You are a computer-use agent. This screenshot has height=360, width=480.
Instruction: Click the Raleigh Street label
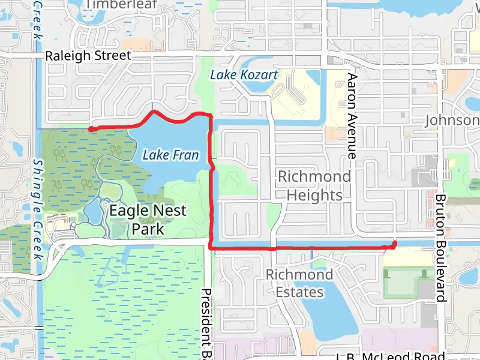[x=88, y=56]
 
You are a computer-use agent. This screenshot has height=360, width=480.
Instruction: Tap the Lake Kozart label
[x=244, y=75]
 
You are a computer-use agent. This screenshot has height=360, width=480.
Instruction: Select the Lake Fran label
[x=170, y=155]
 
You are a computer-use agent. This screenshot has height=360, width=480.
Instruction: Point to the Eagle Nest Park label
[x=148, y=220]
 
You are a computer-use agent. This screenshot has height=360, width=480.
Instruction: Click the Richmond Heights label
[x=314, y=185]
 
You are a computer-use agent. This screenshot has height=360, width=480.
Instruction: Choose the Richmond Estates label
[x=299, y=283]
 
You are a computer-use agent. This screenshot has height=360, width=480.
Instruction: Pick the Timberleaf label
[x=121, y=5]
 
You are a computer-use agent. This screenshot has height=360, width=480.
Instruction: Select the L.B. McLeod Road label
[x=390, y=355]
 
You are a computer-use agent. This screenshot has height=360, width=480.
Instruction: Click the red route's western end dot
[x=91, y=128]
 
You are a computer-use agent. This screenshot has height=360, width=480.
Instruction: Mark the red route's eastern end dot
[x=394, y=244]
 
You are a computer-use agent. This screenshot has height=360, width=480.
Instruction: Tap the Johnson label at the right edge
[x=452, y=121]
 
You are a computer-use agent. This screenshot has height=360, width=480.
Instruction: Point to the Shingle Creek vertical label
[x=38, y=210]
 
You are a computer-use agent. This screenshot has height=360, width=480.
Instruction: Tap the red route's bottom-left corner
[x=211, y=247]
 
